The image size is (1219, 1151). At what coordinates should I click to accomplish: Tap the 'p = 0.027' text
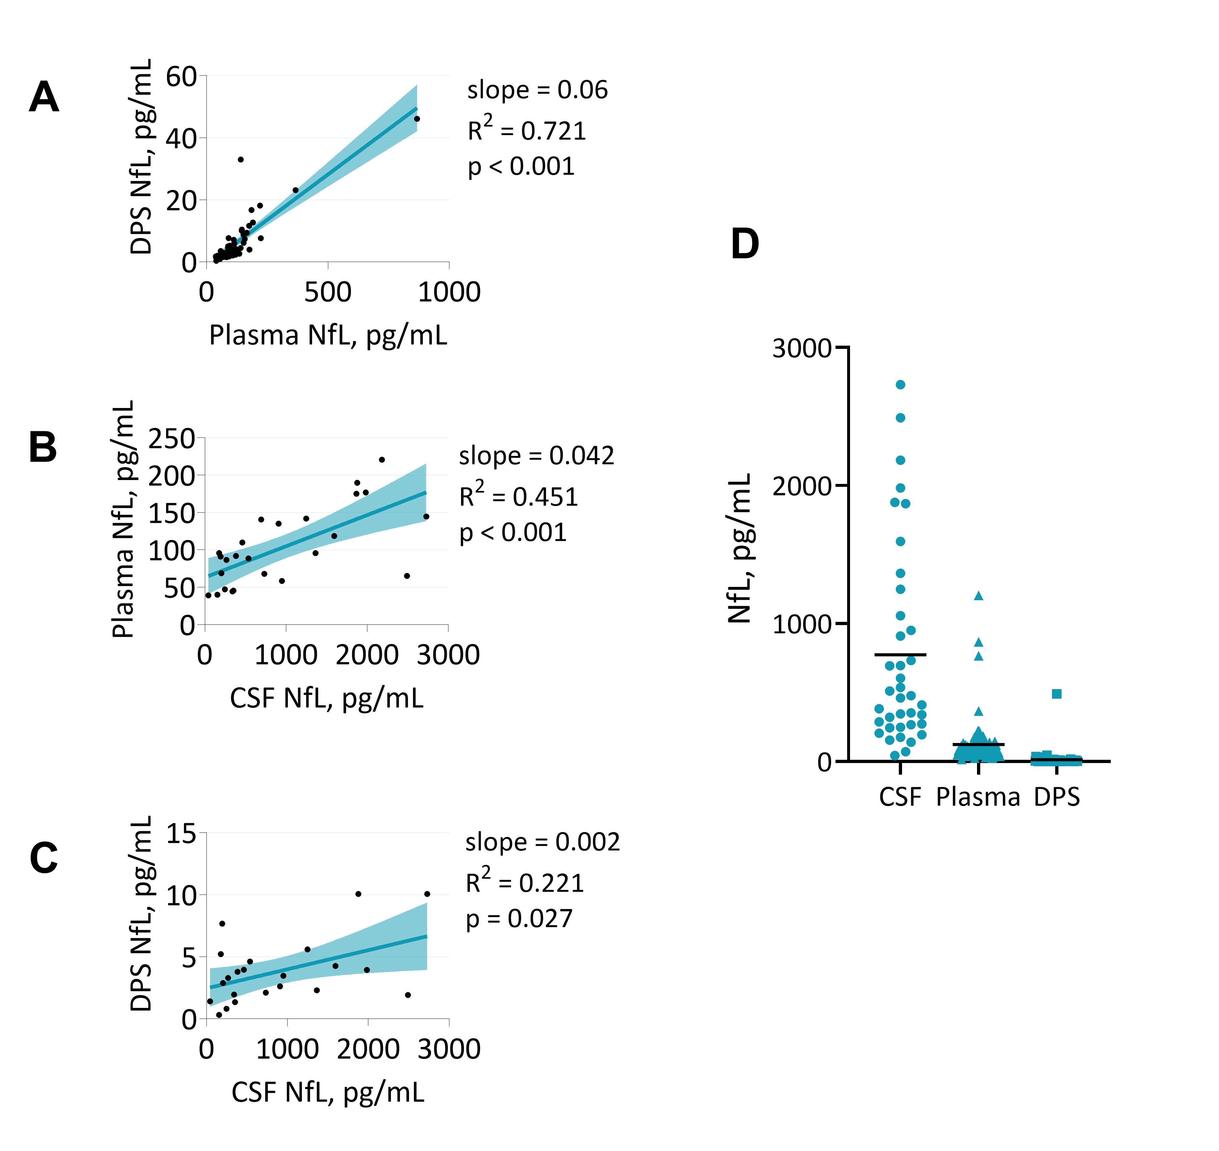pyautogui.click(x=519, y=918)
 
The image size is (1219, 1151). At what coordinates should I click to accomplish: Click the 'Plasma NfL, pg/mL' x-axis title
pyautogui.click(x=328, y=335)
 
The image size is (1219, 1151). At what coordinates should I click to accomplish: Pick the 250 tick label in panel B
pyautogui.click(x=172, y=439)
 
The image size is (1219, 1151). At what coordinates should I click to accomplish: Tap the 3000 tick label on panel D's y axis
pyautogui.click(x=801, y=349)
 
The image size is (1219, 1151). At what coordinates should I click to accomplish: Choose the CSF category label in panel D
pyautogui.click(x=900, y=797)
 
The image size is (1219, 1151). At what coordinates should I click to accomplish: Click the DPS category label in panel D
pyautogui.click(x=1056, y=797)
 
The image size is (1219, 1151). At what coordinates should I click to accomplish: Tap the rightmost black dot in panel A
pyautogui.click(x=417, y=119)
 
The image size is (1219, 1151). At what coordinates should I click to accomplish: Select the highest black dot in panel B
pyautogui.click(x=382, y=460)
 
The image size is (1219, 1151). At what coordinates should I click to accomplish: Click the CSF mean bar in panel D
pyautogui.click(x=900, y=655)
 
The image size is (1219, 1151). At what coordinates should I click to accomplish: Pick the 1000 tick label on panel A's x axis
pyautogui.click(x=449, y=292)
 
